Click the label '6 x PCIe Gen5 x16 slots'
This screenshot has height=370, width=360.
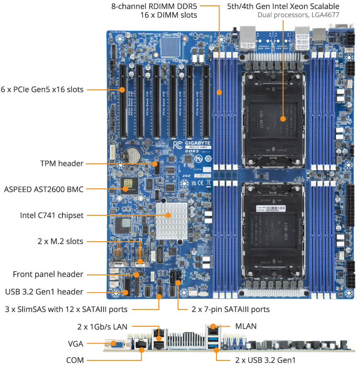click(x=42, y=89)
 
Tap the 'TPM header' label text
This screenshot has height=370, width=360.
click(x=61, y=163)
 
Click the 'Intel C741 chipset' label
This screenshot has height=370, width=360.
click(x=51, y=215)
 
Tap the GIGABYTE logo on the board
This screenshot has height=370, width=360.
click(x=197, y=144)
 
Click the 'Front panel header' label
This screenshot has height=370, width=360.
click(x=48, y=274)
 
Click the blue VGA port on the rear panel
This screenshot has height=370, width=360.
click(x=116, y=344)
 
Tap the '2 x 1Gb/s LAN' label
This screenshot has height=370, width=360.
click(x=102, y=326)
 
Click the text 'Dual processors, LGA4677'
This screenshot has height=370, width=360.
click(x=299, y=15)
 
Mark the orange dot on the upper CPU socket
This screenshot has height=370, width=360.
click(x=283, y=118)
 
